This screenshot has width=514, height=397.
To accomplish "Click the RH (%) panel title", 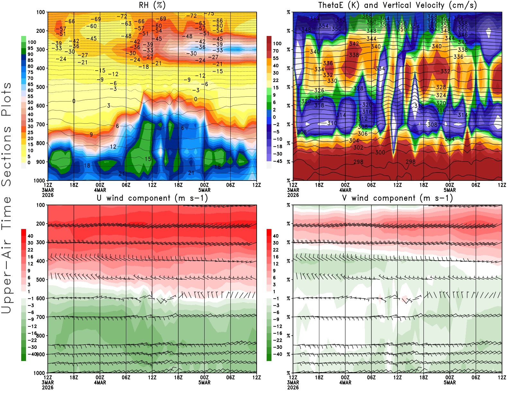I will [x=152, y=5].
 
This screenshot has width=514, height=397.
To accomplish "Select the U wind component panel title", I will [x=152, y=198].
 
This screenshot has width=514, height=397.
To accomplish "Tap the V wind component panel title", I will [x=397, y=198].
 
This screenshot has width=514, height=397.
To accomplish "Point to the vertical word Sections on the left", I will [x=6, y=155].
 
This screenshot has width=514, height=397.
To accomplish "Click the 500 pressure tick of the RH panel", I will [x=41, y=87].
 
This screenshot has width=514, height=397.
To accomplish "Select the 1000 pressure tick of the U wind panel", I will [x=39, y=373].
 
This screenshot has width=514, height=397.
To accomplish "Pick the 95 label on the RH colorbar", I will [x=31, y=48].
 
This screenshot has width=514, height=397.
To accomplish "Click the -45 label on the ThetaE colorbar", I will [x=277, y=161].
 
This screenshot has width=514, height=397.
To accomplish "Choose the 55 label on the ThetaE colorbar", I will [x=276, y=58].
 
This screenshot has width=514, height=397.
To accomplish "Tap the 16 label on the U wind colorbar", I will [x=31, y=257].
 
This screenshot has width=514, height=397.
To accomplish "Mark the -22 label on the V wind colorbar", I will [x=277, y=340].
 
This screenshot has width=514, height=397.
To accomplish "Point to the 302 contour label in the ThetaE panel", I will [x=358, y=147].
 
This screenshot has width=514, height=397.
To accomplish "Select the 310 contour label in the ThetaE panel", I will [x=332, y=123].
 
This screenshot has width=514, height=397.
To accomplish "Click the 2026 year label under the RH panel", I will [x=48, y=195].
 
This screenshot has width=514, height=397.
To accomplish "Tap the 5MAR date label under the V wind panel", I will [x=449, y=383].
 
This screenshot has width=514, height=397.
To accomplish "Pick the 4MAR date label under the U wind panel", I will [x=100, y=383].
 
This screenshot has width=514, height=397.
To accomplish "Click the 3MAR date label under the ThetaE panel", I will [x=293, y=190].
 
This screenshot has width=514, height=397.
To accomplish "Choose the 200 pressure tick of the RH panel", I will [x=41, y=31].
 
